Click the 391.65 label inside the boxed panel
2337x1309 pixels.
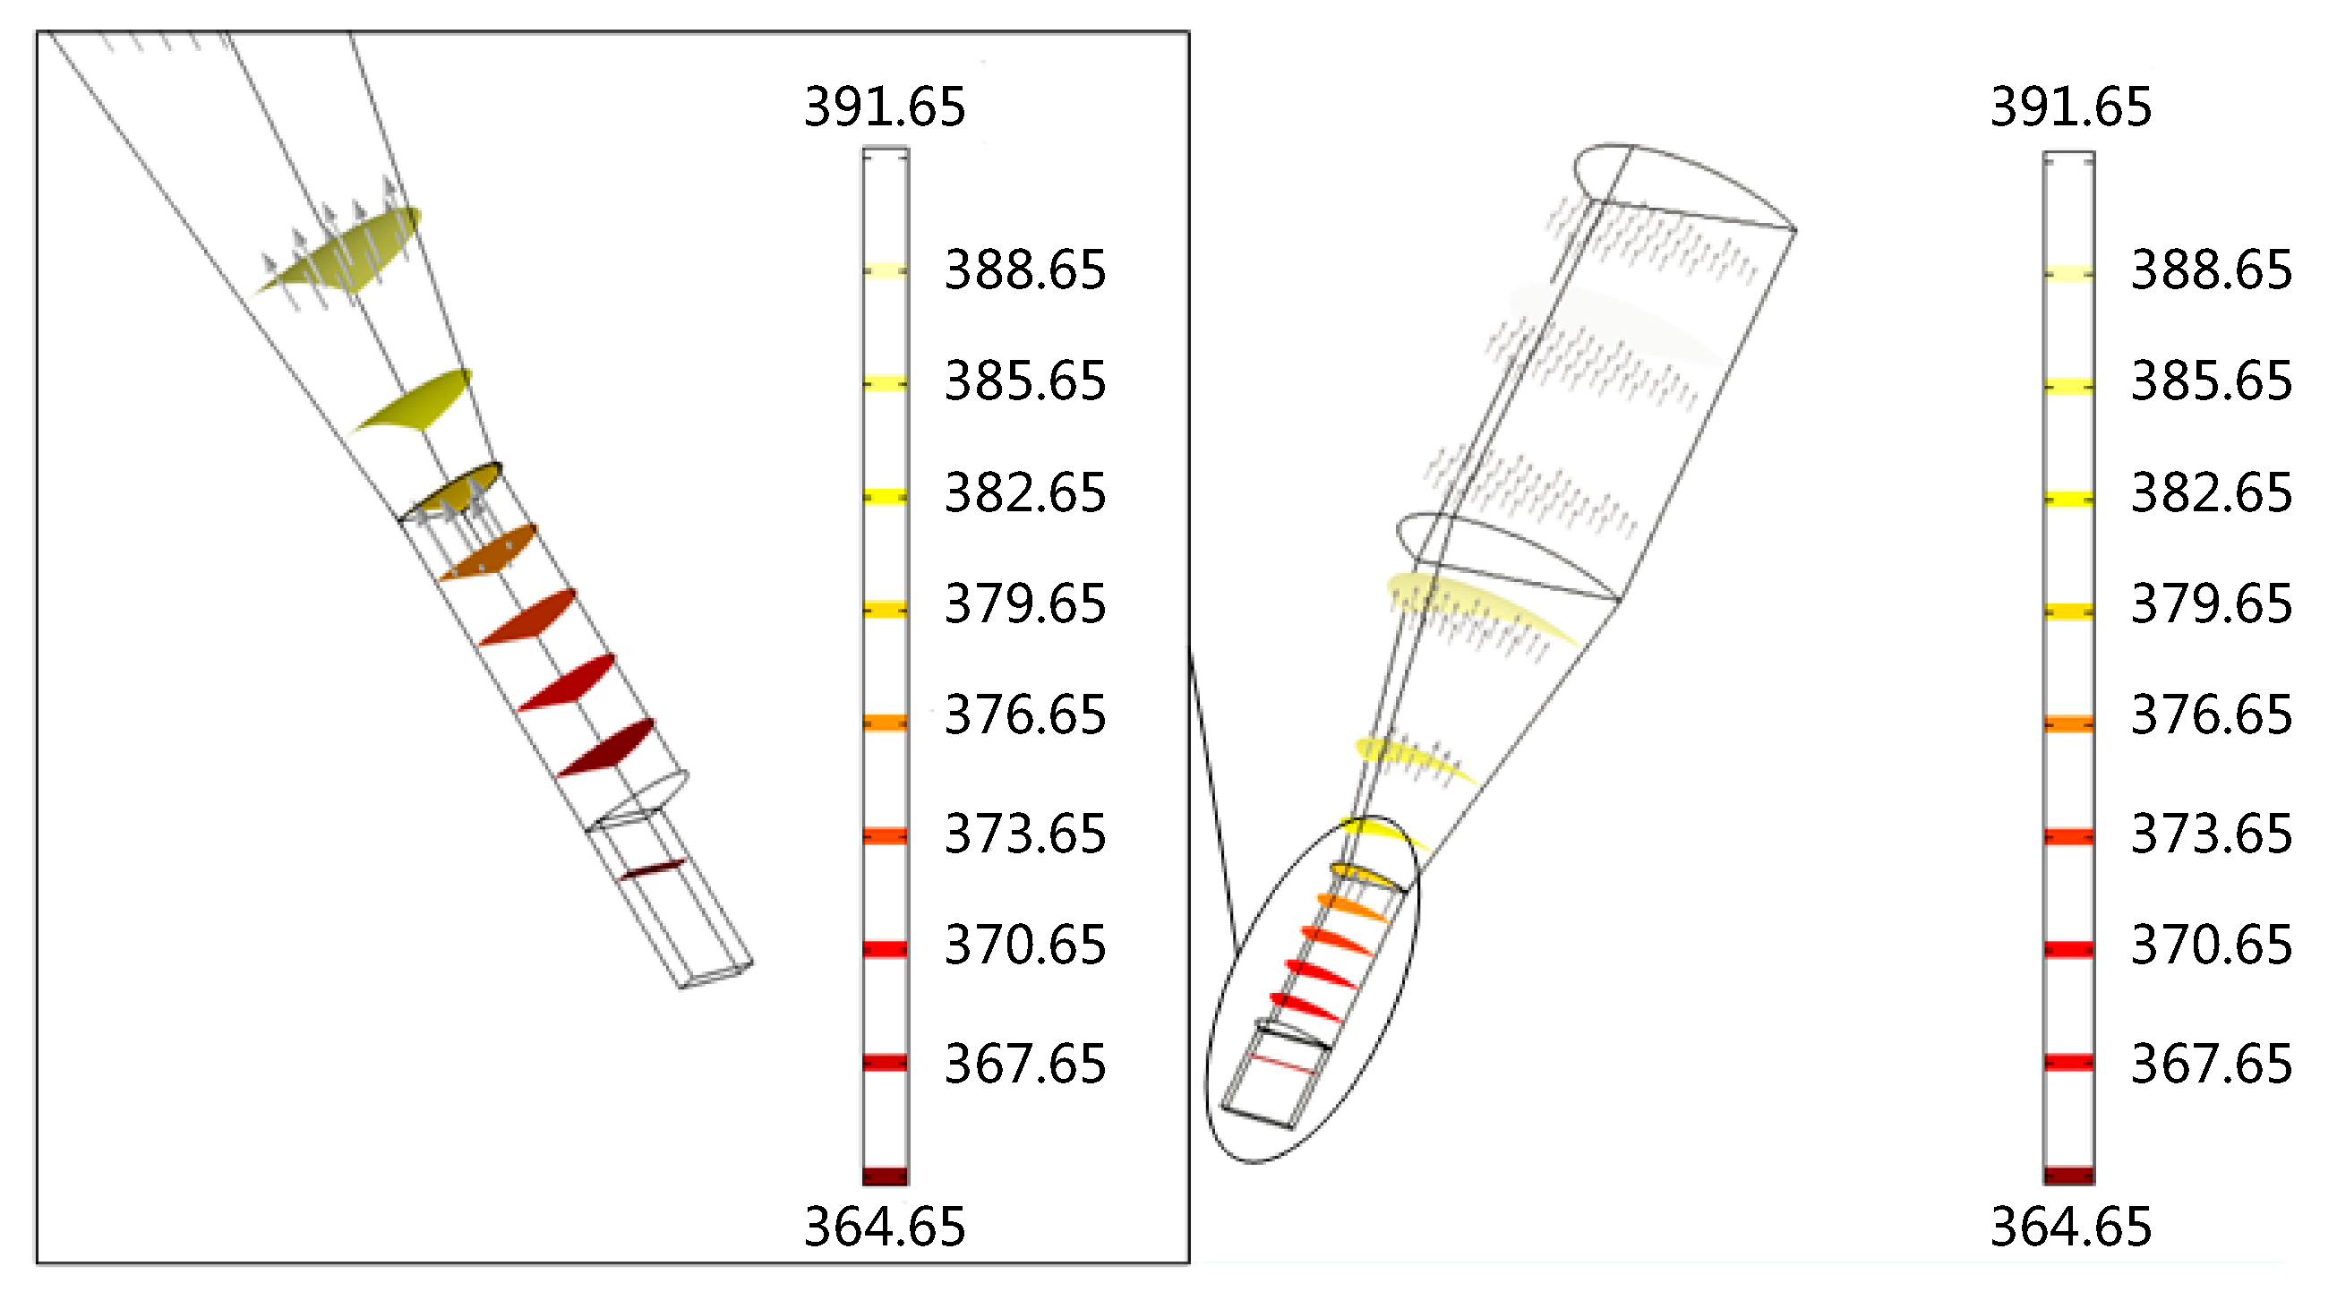point(885,107)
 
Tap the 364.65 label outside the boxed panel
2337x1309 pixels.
point(2070,1227)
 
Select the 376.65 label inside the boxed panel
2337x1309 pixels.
point(1025,714)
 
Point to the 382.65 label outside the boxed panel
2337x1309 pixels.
point(2211,493)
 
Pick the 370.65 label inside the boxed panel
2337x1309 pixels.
point(1025,945)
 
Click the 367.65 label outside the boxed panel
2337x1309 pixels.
point(2211,1064)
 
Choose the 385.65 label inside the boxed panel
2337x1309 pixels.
point(1025,381)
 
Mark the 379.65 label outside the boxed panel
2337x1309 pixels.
point(2211,604)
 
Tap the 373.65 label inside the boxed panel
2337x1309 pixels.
point(1025,834)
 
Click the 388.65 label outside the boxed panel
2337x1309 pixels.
point(2211,270)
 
